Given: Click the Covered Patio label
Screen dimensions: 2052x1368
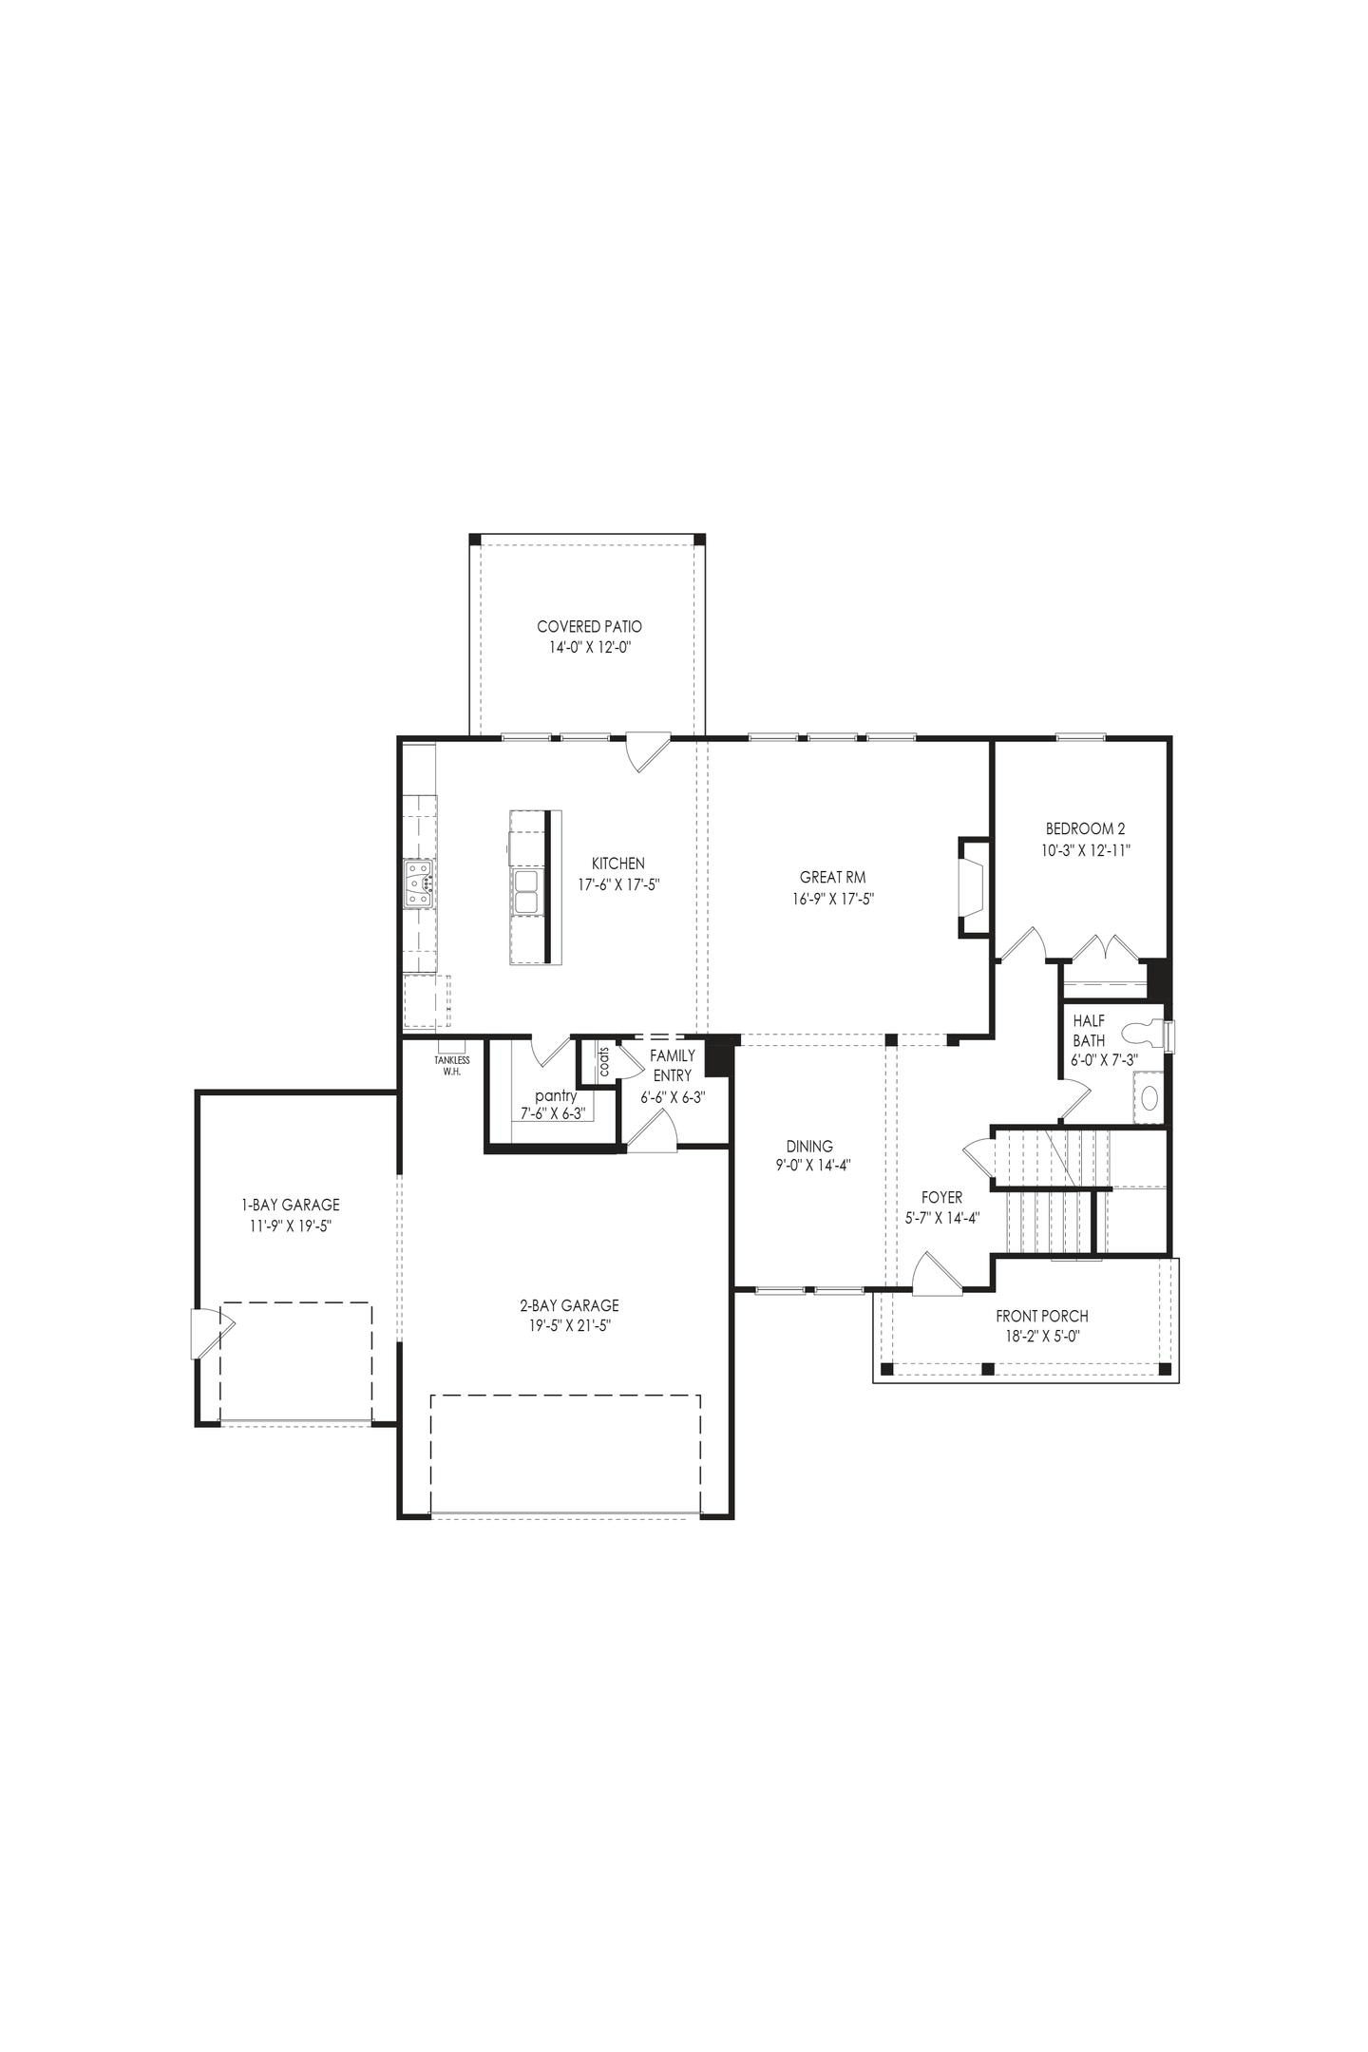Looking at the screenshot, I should [589, 627].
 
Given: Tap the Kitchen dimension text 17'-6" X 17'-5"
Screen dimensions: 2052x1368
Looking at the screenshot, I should [618, 883].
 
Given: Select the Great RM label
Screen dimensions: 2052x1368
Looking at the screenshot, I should [832, 878].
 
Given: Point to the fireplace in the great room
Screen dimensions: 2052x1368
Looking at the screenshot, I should [972, 885].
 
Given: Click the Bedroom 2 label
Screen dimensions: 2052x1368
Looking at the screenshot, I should [1085, 828].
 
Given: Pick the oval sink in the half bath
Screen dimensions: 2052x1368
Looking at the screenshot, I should [1149, 1098].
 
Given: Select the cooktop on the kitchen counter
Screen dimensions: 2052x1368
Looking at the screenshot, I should [419, 883].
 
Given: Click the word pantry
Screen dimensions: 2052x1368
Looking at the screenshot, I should [556, 1095].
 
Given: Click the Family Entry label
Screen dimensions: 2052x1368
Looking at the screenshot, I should [673, 1065].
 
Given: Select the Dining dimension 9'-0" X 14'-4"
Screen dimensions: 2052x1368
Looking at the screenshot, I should [809, 1167].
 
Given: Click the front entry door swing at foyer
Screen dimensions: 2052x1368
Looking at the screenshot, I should [936, 1273].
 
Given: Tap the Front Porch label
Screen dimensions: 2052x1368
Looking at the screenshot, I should [1041, 1316].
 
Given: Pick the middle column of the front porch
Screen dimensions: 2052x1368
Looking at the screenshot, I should [987, 1369].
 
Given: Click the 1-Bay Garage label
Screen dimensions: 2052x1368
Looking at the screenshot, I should [290, 1205].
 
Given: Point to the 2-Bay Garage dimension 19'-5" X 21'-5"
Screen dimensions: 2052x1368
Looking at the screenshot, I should [570, 1326].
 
